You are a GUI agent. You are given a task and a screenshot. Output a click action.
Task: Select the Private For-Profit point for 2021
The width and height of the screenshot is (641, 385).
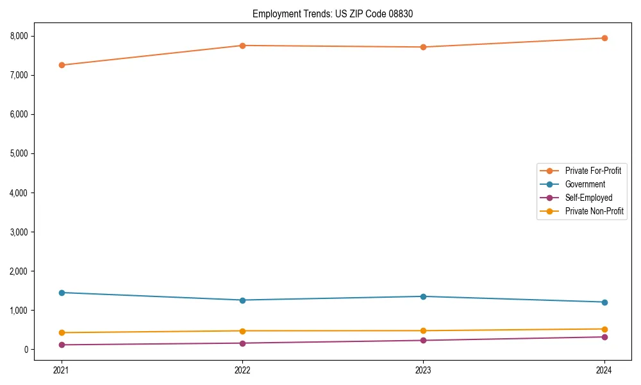[62, 65]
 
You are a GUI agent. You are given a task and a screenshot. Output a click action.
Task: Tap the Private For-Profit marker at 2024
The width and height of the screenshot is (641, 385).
[604, 38]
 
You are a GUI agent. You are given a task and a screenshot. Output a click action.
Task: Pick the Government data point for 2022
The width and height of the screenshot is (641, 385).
[242, 300]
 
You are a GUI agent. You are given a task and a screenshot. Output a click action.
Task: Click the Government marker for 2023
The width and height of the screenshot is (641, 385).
[423, 296]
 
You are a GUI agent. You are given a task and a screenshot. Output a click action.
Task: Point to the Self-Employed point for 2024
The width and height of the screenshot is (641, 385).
[604, 337]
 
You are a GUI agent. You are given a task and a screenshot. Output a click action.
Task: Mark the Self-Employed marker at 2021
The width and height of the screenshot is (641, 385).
[62, 345]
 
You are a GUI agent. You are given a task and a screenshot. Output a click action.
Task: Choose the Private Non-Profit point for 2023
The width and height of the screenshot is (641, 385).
[423, 330]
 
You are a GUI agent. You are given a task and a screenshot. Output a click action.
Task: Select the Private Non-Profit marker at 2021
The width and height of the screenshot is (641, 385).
[62, 332]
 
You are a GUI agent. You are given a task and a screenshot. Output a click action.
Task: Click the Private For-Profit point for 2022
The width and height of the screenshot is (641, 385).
[242, 46]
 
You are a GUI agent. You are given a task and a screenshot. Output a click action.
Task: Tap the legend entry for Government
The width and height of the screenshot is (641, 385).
[585, 184]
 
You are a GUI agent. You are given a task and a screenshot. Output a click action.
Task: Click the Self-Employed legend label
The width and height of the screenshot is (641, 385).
[588, 198]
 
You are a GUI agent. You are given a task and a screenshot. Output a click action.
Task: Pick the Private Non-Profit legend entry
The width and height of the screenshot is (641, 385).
[594, 211]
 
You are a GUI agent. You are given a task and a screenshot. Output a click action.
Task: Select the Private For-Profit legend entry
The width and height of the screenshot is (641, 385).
[593, 171]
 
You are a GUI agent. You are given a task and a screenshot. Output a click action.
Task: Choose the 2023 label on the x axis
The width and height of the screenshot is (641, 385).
[423, 370]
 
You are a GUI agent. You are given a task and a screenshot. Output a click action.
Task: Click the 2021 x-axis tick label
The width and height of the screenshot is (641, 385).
[62, 370]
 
